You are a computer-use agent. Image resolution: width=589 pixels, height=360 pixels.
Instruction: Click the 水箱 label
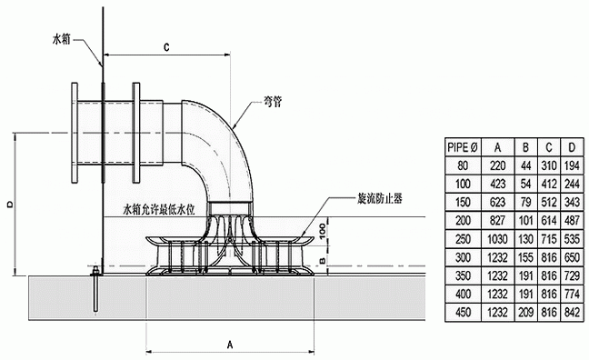click(62, 39)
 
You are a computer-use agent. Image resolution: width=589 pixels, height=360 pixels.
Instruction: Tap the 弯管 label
click(273, 102)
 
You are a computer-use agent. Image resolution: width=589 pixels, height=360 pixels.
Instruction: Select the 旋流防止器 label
click(379, 199)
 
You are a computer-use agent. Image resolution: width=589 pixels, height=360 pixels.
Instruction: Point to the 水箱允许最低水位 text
click(159, 210)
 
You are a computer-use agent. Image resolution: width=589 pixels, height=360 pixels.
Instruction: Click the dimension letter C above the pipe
click(166, 47)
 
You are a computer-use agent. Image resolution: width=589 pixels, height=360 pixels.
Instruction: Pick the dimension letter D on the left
click(11, 204)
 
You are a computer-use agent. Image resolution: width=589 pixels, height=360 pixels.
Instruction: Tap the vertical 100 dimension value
click(323, 230)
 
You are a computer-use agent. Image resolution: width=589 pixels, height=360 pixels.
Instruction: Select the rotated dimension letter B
click(323, 259)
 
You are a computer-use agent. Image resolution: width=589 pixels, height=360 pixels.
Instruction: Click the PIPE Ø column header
click(463, 147)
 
